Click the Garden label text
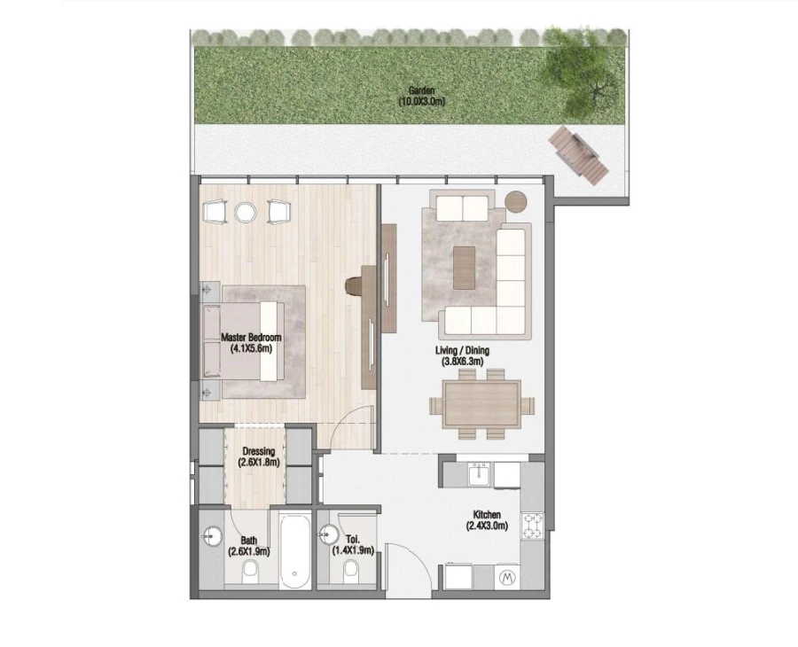coord(421,90)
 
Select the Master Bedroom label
coord(251,338)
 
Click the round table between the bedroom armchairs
coord(246,212)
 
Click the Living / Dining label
coord(464,351)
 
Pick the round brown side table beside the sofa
coord(516,201)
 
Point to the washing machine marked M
coord(508,578)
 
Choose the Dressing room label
coord(258,451)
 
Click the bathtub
coord(293,550)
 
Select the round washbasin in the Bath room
coord(213,536)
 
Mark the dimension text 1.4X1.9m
coord(353,550)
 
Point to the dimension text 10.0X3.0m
coord(421,102)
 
